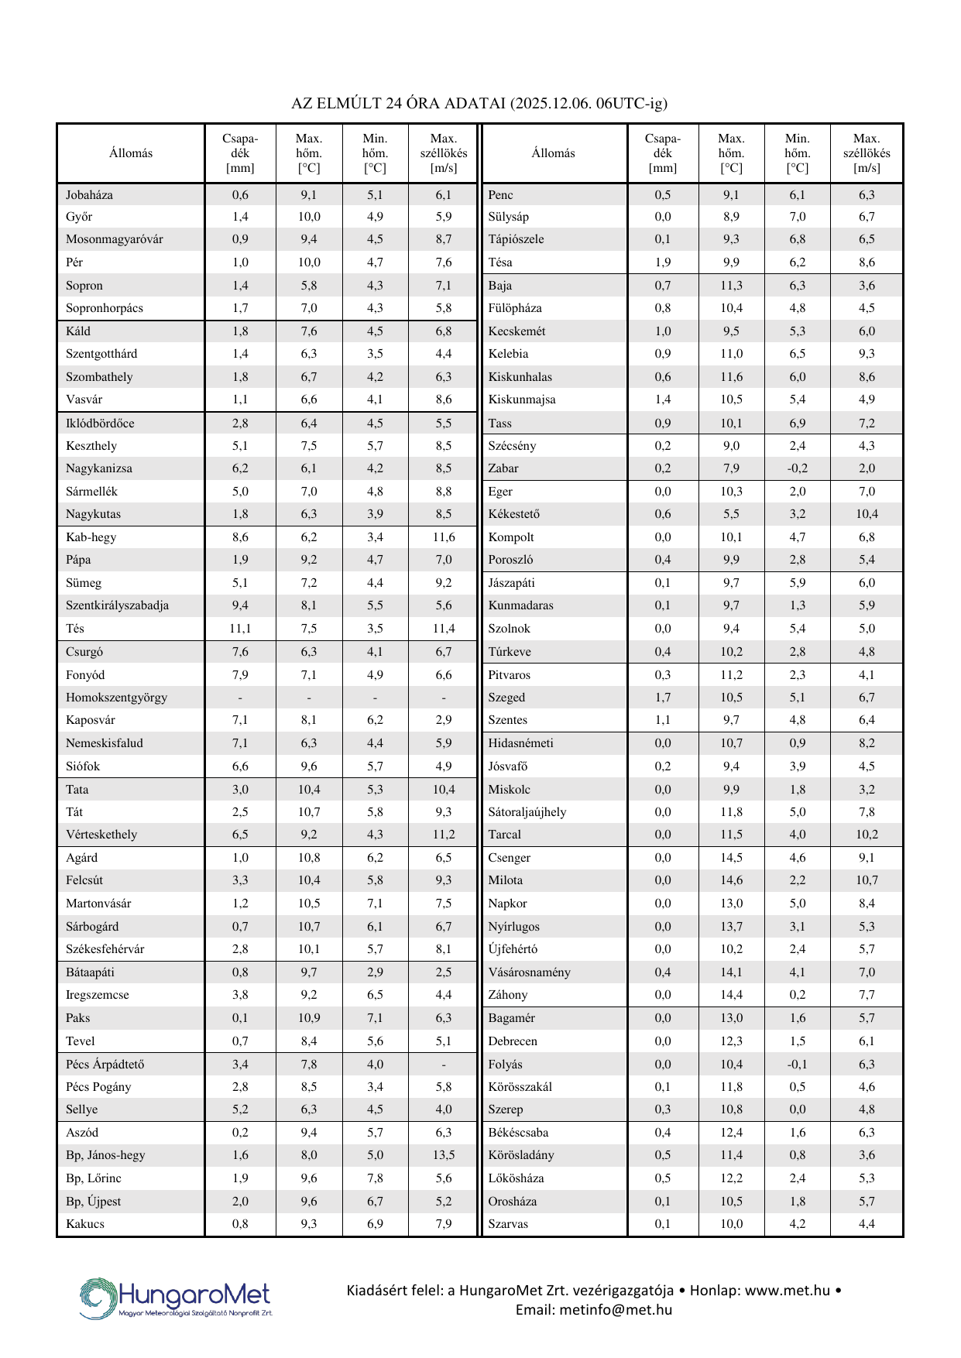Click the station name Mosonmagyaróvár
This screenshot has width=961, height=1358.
pos(115,239)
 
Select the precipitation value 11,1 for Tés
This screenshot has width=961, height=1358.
pos(240,629)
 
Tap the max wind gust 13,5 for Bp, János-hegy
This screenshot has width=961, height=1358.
pos(443,1155)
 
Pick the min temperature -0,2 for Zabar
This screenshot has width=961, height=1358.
pos(797,468)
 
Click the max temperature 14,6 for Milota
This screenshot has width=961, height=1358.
pos(731,880)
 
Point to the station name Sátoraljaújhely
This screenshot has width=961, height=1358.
pos(527,812)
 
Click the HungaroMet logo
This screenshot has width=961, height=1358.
pos(176,1298)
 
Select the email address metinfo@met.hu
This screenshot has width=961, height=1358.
pos(594,1310)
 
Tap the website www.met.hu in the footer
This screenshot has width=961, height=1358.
pos(787,1291)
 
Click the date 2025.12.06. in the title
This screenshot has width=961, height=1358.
pos(552,103)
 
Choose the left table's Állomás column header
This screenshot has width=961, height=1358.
pos(131,153)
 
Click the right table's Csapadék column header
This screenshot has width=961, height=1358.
pos(662,153)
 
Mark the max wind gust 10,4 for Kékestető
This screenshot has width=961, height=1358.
pos(867,514)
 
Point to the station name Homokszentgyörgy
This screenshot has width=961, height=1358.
pos(116,698)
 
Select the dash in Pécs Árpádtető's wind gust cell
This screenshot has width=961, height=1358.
pos(443,1065)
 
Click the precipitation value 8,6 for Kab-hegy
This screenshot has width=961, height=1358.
pos(240,537)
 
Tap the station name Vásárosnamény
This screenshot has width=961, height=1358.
pos(529,972)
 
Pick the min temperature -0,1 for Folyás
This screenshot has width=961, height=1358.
pos(797,1065)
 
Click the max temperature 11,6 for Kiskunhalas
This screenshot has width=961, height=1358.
pos(731,377)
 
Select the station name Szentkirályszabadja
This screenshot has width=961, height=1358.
pos(117,605)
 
